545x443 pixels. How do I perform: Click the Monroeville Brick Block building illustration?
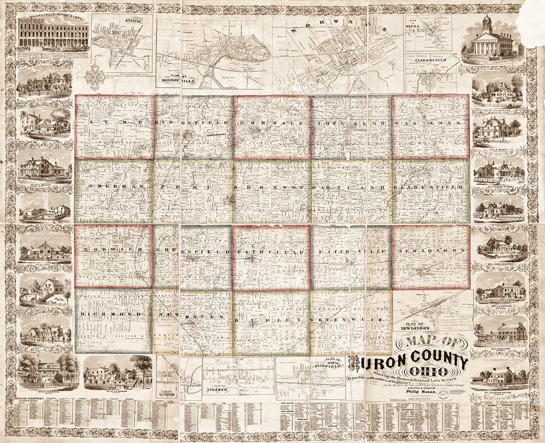pyautogui.click(x=53, y=35)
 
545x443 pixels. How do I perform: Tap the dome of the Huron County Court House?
pyautogui.click(x=486, y=22)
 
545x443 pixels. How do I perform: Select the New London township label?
pyautogui.click(x=430, y=251)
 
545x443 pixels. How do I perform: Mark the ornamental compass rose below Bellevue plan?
pyautogui.click(x=96, y=78)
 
